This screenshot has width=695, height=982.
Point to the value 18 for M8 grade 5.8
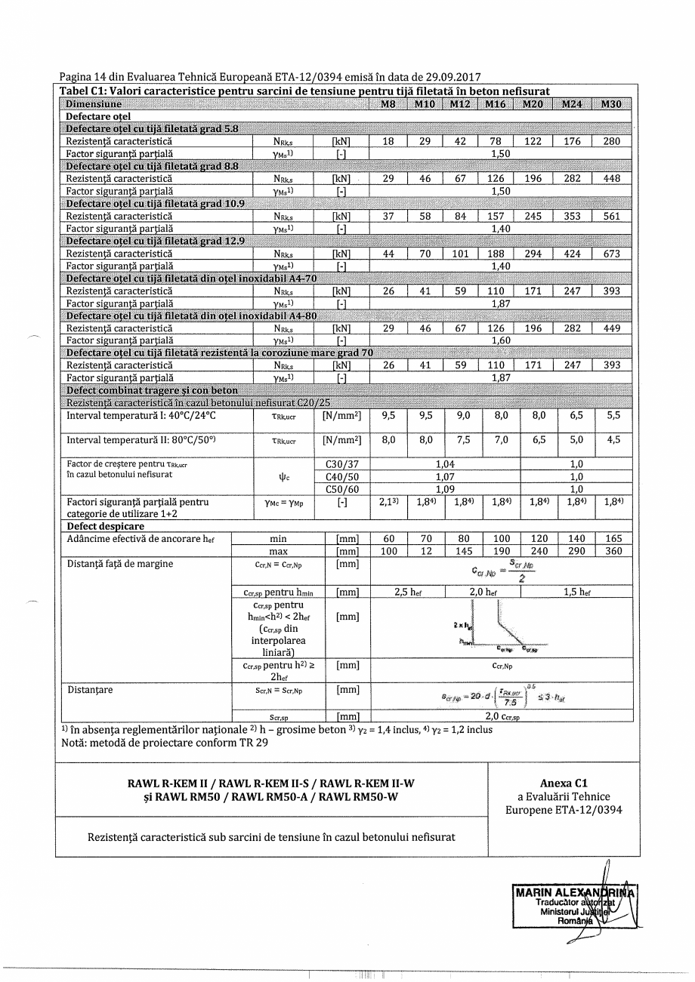pyautogui.click(x=388, y=141)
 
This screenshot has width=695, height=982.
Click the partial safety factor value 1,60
pyautogui.click(x=500, y=340)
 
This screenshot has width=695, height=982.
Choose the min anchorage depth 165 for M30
pyautogui.click(x=612, y=539)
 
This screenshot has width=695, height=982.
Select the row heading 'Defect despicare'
pyautogui.click(x=105, y=526)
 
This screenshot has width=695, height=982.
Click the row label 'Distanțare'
pyautogui.click(x=90, y=690)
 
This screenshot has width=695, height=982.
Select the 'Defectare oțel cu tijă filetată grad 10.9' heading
pyautogui.click(x=152, y=204)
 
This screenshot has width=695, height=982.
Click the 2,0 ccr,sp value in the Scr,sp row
pyautogui.click(x=500, y=717)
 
